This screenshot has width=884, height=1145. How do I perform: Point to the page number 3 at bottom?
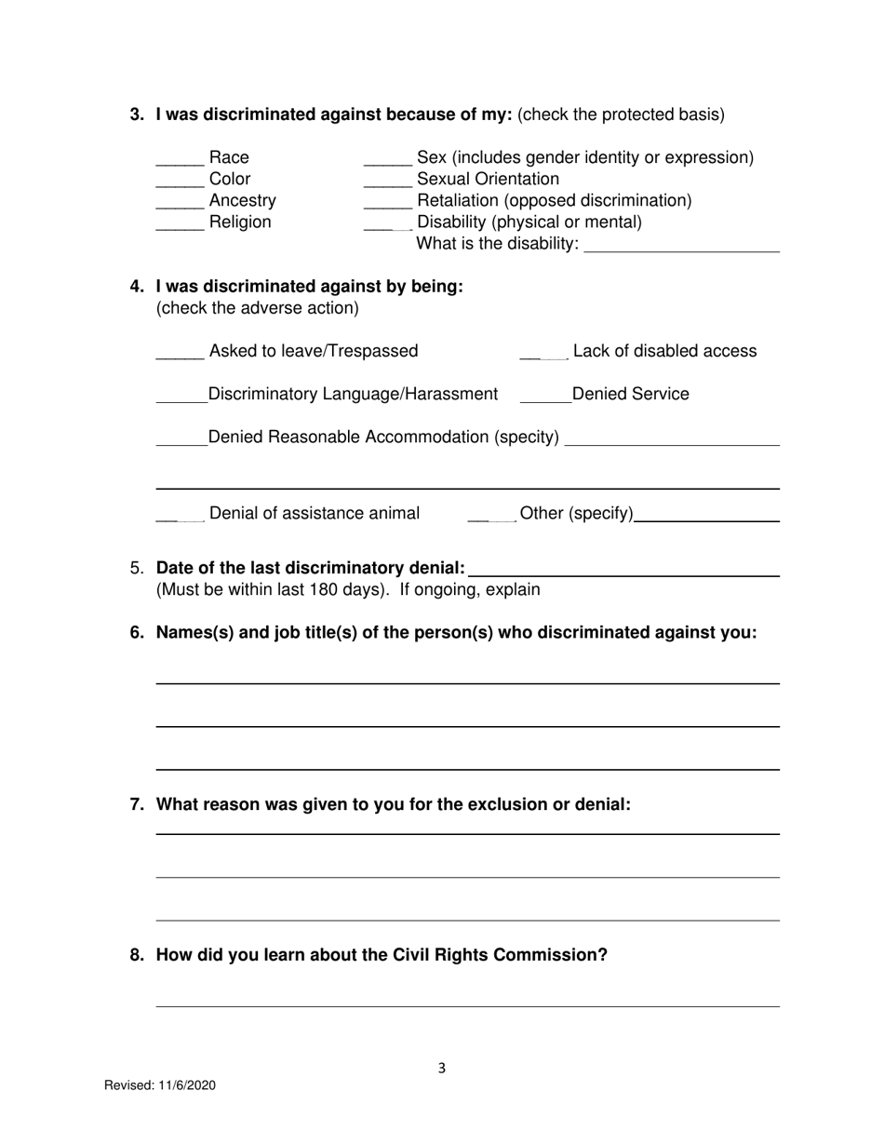pyautogui.click(x=442, y=1069)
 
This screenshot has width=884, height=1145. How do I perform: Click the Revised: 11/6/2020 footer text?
pyautogui.click(x=160, y=1085)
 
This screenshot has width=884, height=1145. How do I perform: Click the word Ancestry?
pyautogui.click(x=243, y=201)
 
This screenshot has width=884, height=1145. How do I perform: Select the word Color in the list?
pyautogui.click(x=230, y=180)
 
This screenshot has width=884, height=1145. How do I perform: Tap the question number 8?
pyautogui.click(x=137, y=955)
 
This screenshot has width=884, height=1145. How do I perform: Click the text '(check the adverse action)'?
pyautogui.click(x=257, y=308)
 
